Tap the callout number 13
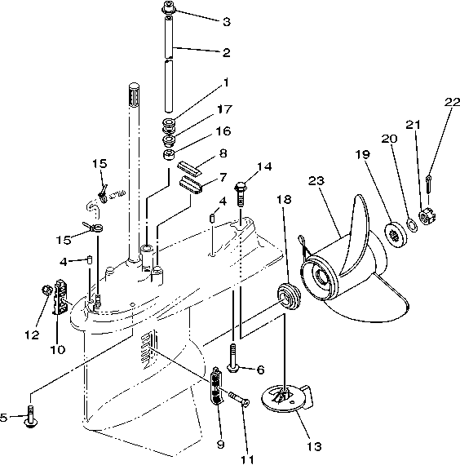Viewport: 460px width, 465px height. (313, 446)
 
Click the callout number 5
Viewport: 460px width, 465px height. (5, 417)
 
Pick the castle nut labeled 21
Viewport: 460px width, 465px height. (425, 217)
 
